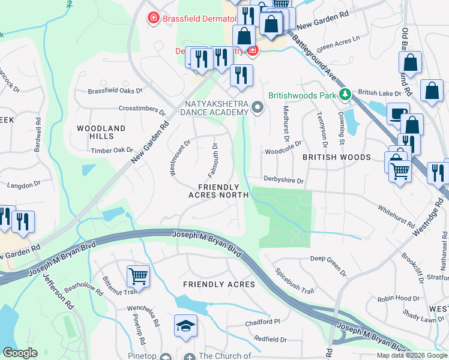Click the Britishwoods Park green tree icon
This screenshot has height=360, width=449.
pyautogui.click(x=345, y=94)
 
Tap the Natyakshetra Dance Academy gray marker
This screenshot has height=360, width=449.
pyautogui.click(x=258, y=107)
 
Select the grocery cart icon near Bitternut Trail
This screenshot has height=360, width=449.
pyautogui.click(x=138, y=277)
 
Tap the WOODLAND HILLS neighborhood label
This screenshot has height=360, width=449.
pyautogui.click(x=101, y=133)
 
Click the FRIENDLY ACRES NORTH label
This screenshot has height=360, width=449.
pyautogui.click(x=218, y=191)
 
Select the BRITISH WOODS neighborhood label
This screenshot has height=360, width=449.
pyautogui.click(x=336, y=157)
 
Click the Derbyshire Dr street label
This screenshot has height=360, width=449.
pyautogui.click(x=285, y=179)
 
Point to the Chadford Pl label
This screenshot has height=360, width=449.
pyautogui.click(x=263, y=322)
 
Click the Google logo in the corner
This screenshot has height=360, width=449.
pyautogui.click(x=20, y=353)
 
